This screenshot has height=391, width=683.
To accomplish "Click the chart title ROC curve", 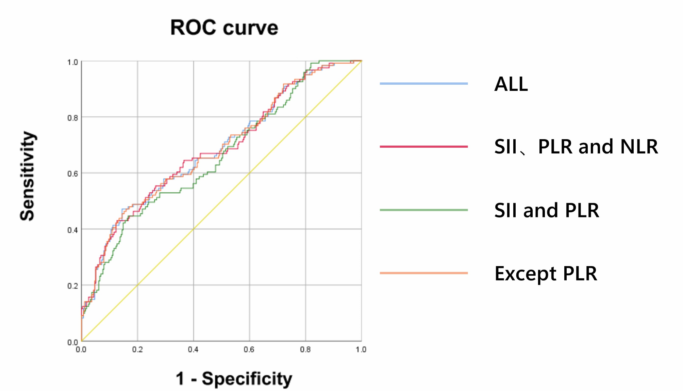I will click(x=224, y=28).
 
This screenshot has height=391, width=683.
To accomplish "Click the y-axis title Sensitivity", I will click(x=28, y=176).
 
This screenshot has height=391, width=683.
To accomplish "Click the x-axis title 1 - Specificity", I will click(x=234, y=378).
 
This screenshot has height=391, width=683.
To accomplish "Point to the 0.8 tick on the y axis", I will click(x=72, y=118).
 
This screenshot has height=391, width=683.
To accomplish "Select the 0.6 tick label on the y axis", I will click(x=72, y=174).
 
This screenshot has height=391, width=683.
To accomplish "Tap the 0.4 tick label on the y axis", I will click(x=72, y=230).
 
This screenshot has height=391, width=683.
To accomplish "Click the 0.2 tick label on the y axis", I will click(x=72, y=286).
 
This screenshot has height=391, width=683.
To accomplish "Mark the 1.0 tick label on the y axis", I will click(x=72, y=62).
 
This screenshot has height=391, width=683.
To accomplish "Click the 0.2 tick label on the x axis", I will click(x=137, y=349).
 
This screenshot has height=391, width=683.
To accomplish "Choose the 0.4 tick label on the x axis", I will click(x=193, y=349).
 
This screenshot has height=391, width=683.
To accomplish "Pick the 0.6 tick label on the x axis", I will click(x=249, y=349).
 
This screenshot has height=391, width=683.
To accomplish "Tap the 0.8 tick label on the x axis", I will click(x=305, y=349).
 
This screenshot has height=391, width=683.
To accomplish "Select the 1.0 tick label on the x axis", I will click(x=361, y=349).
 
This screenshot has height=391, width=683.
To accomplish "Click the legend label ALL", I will click(x=511, y=84).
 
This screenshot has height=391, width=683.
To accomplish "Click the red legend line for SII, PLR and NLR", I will click(x=423, y=147).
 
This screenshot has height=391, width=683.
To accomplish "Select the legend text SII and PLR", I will click(x=547, y=210).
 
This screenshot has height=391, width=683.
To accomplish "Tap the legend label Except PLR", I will click(x=546, y=273).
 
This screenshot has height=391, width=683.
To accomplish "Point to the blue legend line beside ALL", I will click(x=423, y=83).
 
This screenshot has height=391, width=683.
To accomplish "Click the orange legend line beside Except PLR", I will click(x=423, y=273).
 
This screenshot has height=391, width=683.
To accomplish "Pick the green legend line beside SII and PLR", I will click(x=423, y=210).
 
